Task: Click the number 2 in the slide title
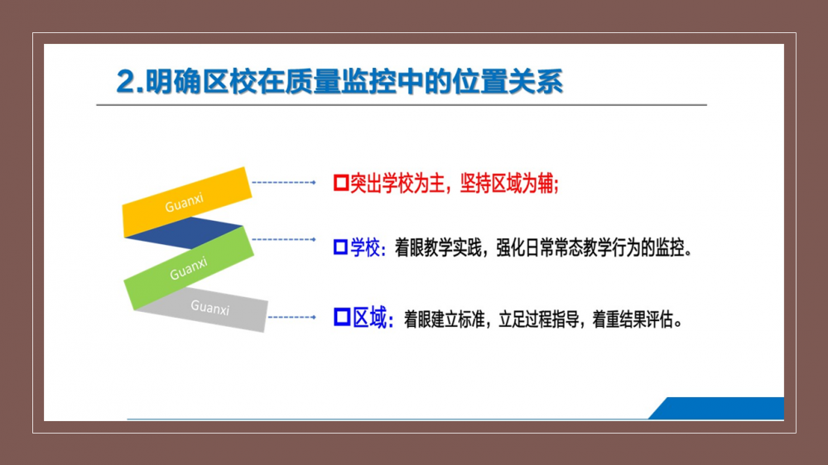[127, 82]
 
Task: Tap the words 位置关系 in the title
[508, 82]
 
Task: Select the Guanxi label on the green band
[189, 268]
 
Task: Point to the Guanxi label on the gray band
[210, 307]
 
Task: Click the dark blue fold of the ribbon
[185, 232]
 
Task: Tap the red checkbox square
[341, 183]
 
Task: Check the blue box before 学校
[340, 247]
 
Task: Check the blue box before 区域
[342, 317]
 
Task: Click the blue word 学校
[365, 247]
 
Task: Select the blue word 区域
[369, 318]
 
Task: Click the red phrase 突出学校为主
[397, 184]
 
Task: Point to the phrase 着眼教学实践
[438, 247]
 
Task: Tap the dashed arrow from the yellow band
[284, 183]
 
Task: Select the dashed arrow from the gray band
[292, 317]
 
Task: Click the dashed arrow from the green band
[284, 240]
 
